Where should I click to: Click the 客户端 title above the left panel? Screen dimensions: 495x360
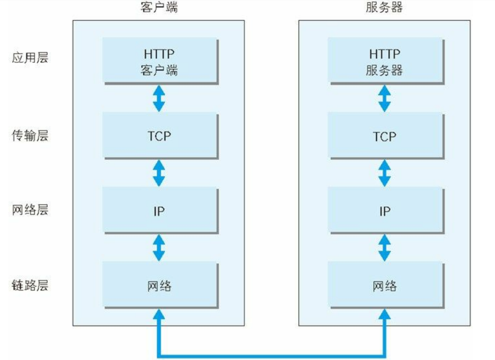[159, 7]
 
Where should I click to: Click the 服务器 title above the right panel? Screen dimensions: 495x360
[384, 7]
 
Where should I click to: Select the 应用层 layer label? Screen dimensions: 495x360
[30, 58]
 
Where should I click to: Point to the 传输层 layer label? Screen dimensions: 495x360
[30, 135]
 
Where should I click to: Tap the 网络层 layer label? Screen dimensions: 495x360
[30, 210]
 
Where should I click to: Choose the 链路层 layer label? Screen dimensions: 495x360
[30, 285]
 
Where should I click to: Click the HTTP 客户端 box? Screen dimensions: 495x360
[161, 61]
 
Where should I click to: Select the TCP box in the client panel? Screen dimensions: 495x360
[161, 135]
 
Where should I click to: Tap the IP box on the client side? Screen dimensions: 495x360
[161, 210]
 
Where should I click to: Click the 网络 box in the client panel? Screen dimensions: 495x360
[161, 285]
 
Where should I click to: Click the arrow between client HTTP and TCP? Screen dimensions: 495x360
[159, 99]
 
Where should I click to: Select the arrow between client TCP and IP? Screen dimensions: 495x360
[159, 173]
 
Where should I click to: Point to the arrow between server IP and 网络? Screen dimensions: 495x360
[385, 248]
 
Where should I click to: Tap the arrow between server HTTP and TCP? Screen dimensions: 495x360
[385, 99]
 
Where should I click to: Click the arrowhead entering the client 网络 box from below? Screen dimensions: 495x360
[159, 314]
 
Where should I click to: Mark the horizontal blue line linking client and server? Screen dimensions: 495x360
[272, 356]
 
